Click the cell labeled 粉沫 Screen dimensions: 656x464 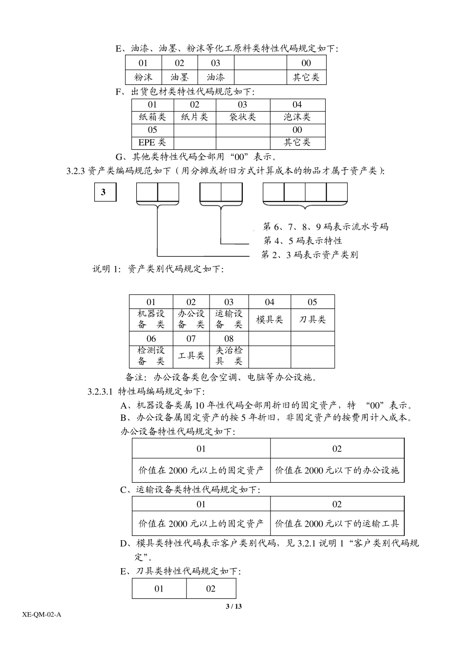(143, 77)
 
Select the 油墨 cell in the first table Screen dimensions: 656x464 (179, 77)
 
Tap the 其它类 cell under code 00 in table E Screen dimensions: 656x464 (306, 77)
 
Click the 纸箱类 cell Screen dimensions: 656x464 (152, 117)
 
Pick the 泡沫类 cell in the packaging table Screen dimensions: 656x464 (297, 117)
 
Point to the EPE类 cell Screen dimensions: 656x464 (152, 143)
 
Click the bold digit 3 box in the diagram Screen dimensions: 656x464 (104, 192)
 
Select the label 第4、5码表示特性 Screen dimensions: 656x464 (303, 241)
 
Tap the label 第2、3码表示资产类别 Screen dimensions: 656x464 (310, 254)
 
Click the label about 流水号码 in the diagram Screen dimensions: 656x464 (325, 226)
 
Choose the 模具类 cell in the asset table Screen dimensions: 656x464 (270, 320)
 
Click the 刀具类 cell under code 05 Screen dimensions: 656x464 (312, 320)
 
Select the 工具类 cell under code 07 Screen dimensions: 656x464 (191, 356)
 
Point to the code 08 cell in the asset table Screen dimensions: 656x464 (229, 339)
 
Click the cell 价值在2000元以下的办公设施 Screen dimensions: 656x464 (337, 471)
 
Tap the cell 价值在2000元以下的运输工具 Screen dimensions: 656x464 (337, 524)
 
